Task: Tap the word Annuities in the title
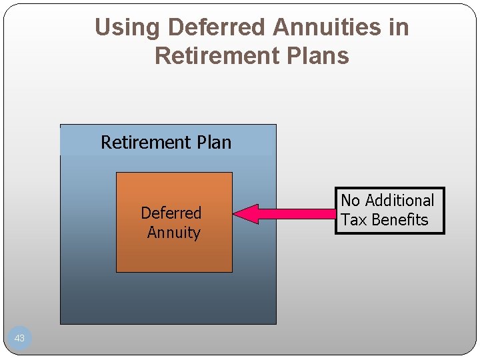pyautogui.click(x=331, y=27)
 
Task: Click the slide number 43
pyautogui.click(x=19, y=338)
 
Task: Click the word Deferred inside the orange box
pyautogui.click(x=171, y=213)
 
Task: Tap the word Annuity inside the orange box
pyautogui.click(x=173, y=233)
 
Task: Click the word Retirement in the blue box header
pyautogui.click(x=145, y=142)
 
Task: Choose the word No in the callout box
pyautogui.click(x=351, y=201)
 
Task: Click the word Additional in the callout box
pyautogui.click(x=399, y=201)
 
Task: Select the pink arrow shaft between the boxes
pyautogui.click(x=297, y=214)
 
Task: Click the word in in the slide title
pyautogui.click(x=399, y=27)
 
